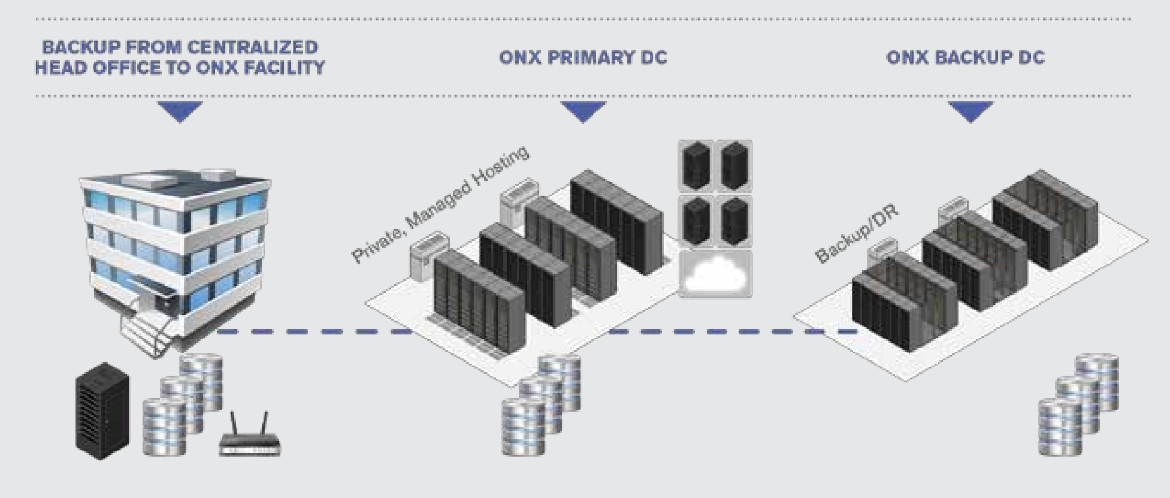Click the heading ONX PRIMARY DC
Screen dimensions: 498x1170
pos(583,58)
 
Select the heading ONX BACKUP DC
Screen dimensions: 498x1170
pos(965,58)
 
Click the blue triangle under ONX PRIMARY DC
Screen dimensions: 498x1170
pos(583,111)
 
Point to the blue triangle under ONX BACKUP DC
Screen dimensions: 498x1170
pos(971,111)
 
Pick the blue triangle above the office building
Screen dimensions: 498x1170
pos(180,111)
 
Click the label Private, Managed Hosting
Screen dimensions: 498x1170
pos(440,204)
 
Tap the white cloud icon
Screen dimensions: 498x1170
pos(715,275)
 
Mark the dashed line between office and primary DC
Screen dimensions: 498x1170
pos(312,331)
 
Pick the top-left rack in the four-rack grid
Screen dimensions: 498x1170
pos(696,165)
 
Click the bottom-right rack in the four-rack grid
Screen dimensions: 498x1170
pos(734,222)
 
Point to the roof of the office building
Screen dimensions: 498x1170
pos(174,180)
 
